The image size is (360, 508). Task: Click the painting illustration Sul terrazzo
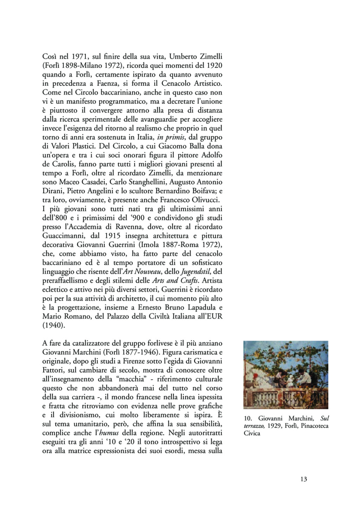(x=285, y=375)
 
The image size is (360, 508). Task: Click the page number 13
(x=304, y=479)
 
